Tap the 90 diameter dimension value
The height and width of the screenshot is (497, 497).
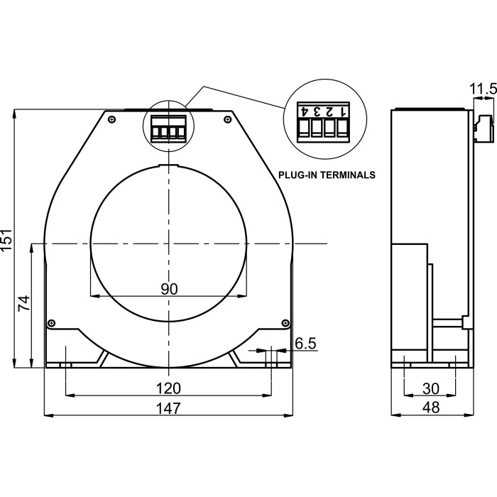tap(168, 289)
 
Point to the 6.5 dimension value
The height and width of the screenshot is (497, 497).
tap(305, 343)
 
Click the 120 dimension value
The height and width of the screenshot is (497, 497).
tap(168, 388)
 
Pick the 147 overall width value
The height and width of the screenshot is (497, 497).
tap(168, 408)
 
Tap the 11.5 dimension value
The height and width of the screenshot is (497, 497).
tap(483, 89)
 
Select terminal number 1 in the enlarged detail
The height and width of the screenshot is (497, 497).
tap(344, 111)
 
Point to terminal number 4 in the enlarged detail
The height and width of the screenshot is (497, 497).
tap(305, 111)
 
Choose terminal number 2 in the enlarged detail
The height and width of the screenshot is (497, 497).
tap(331, 111)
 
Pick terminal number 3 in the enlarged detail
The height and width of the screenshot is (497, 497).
tap(317, 111)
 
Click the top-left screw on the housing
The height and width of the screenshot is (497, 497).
tap(112, 119)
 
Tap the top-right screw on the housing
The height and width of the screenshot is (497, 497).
tap(226, 119)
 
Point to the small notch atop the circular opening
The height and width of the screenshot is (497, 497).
tap(168, 168)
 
